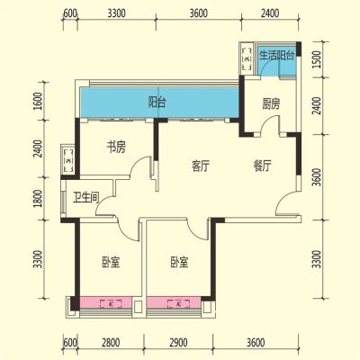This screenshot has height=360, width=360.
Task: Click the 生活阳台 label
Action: pos(276,56)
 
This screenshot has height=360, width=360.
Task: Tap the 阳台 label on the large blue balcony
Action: pos(157,103)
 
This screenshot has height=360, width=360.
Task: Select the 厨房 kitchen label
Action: pos(271,103)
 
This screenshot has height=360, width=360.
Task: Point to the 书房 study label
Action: pos(116,147)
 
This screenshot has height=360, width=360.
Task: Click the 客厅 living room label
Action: pos(201,166)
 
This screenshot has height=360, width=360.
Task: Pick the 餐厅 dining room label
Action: pos(262,166)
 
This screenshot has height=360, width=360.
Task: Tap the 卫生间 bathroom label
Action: pos(86,197)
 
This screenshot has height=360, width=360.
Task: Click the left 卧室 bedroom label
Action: pos(111,262)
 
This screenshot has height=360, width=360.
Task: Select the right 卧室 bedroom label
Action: pos(179,262)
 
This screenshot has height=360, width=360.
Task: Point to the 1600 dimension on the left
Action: pos(38,101)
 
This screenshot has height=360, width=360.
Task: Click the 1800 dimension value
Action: pos(38,198)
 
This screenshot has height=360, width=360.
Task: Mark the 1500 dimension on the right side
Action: pos(317,59)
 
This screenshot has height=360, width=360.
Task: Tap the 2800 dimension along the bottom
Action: pos(111,343)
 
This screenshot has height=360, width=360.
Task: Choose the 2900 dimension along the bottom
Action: pos(178,343)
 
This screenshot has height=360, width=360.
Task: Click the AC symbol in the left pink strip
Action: pos(111,303)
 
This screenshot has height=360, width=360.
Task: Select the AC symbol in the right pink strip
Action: pos(179,303)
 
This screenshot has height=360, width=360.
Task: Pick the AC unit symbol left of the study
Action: pos(68,159)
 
